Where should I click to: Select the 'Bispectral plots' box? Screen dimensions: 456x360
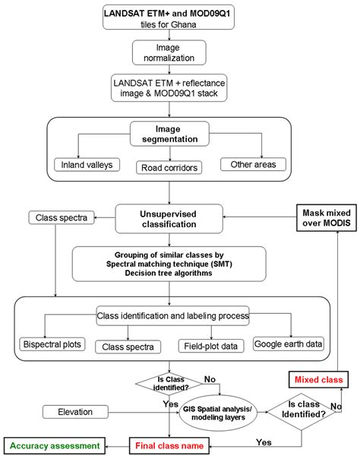click(x=52, y=344)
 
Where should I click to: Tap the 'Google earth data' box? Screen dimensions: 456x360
click(x=288, y=344)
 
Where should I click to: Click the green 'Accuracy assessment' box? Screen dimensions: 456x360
click(x=55, y=444)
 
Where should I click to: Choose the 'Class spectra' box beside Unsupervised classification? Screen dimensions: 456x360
click(x=42, y=219)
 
